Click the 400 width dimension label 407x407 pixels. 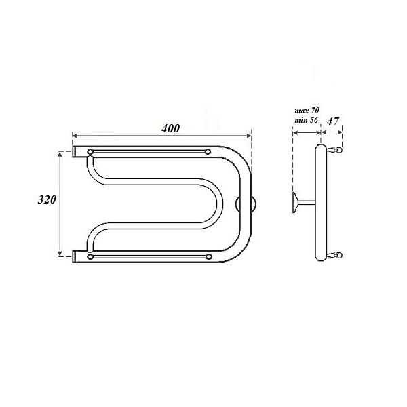(170, 128)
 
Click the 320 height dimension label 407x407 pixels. (47, 199)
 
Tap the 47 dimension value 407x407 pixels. (333, 121)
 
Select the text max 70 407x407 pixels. (307, 111)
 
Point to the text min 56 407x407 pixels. (306, 120)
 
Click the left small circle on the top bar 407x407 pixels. (90, 151)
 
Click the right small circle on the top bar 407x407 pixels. (208, 151)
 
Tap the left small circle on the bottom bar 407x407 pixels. (90, 257)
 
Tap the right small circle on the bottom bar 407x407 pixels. (208, 257)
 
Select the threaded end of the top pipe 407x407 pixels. (75, 151)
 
